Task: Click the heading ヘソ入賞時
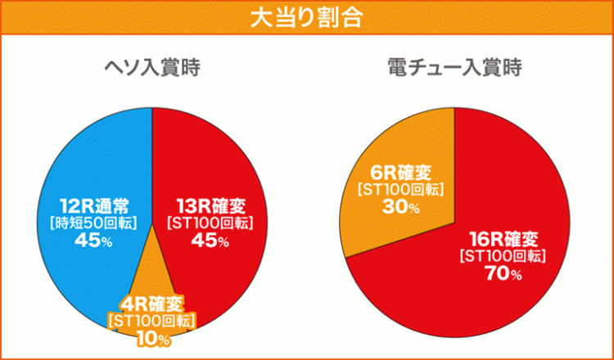(151, 68)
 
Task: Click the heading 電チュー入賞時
(454, 68)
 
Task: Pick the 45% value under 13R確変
(209, 240)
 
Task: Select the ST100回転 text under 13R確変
(209, 221)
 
